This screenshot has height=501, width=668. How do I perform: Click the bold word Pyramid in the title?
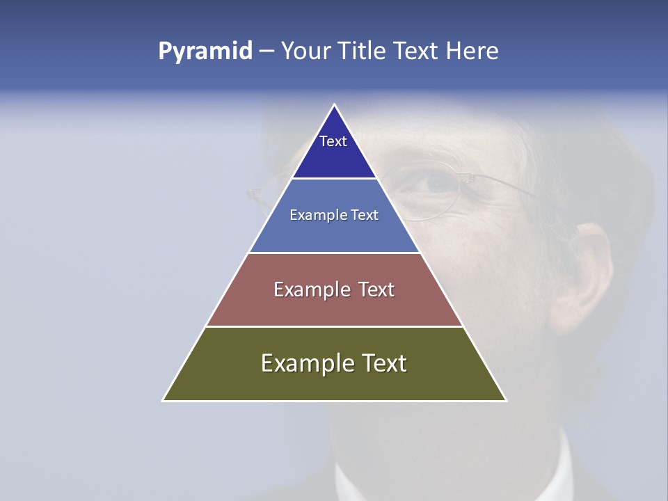coord(205,51)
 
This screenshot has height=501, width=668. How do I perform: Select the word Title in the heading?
coord(362,51)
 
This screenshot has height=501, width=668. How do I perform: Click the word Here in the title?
coord(472,51)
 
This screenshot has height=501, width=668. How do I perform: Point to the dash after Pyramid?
coord(267,51)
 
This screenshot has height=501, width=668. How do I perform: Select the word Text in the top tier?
coord(333,141)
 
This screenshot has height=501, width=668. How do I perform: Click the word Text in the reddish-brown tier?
coord(376,289)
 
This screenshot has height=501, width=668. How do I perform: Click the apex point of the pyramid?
coord(335,105)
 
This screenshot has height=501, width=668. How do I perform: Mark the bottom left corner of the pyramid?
coord(164,400)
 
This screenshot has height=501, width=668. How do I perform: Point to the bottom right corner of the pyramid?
coord(505,400)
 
